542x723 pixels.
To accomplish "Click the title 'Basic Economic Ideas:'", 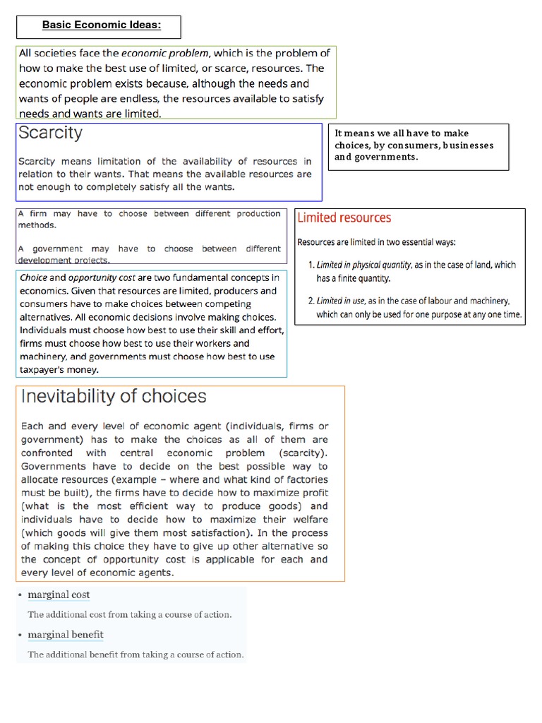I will click(x=102, y=25).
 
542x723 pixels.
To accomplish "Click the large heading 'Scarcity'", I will click(x=50, y=133).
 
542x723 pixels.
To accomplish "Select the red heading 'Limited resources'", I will click(x=344, y=218).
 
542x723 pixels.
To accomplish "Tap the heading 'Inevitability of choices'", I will click(x=114, y=396).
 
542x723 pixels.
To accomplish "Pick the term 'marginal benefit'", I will click(x=66, y=634).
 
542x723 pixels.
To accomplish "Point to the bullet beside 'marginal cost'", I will click(x=20, y=594).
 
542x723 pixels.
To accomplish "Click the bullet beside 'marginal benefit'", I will click(x=20, y=634).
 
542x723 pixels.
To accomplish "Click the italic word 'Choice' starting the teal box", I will click(x=33, y=278).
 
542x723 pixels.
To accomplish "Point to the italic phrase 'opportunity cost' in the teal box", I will click(x=96, y=278).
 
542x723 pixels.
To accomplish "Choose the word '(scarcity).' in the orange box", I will click(x=303, y=453).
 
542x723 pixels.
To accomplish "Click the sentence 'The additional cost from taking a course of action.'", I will click(x=129, y=614).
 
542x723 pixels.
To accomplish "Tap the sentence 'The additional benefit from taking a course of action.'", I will click(x=135, y=655).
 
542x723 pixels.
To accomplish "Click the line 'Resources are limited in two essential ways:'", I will click(x=376, y=242).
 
